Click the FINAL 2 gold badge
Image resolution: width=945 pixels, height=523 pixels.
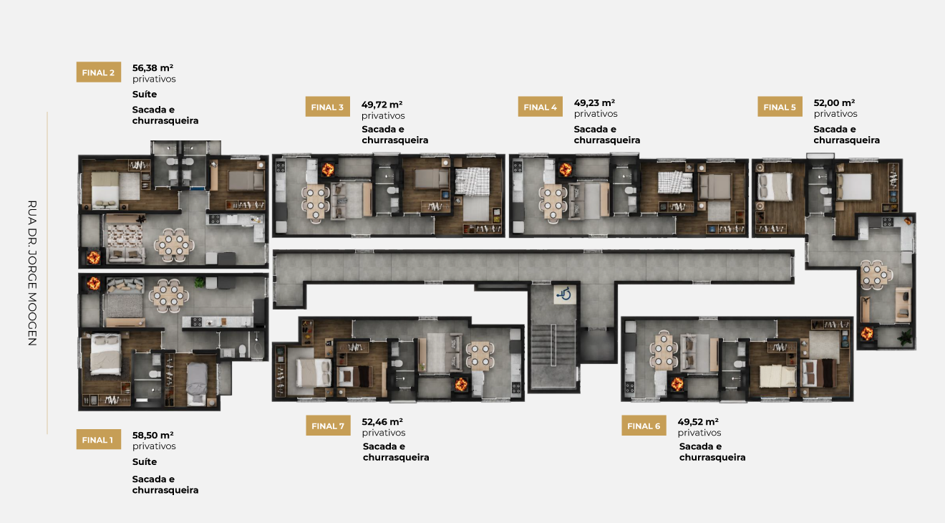click(99, 72)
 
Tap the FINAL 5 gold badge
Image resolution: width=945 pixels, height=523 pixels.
click(780, 107)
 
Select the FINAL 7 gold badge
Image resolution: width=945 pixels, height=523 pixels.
click(328, 426)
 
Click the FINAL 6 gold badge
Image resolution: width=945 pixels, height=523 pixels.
click(644, 426)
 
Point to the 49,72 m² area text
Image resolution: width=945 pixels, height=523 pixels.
click(382, 105)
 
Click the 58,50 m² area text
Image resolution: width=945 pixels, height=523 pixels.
click(152, 435)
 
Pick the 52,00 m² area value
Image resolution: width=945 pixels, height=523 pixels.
click(834, 102)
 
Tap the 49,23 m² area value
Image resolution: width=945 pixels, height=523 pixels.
click(594, 102)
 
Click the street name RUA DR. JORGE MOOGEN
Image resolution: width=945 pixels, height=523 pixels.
click(32, 273)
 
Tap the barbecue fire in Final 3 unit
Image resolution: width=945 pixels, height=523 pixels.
click(328, 170)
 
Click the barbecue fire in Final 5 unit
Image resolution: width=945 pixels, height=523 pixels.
click(867, 333)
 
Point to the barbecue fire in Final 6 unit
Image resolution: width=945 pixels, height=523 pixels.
click(677, 384)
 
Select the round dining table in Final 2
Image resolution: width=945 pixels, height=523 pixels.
click(174, 245)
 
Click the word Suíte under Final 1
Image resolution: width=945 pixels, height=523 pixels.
click(145, 462)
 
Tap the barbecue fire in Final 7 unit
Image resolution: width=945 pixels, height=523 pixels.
click(461, 385)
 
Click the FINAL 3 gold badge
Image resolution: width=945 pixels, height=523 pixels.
click(328, 107)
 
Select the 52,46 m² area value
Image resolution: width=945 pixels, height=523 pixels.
click(382, 421)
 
